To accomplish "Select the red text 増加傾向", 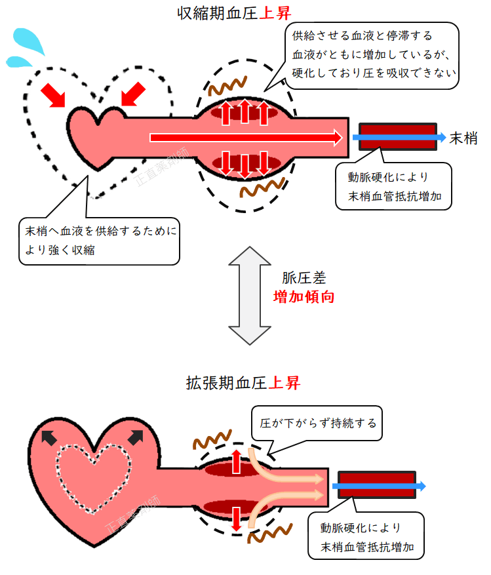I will [304, 296].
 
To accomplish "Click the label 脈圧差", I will [304, 277].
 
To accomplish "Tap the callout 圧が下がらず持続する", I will [317, 423].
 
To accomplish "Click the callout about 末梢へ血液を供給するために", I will [99, 241].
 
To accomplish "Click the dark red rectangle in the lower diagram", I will [376, 486].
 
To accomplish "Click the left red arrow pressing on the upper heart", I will [54, 94].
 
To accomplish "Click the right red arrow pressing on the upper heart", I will [135, 94].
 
